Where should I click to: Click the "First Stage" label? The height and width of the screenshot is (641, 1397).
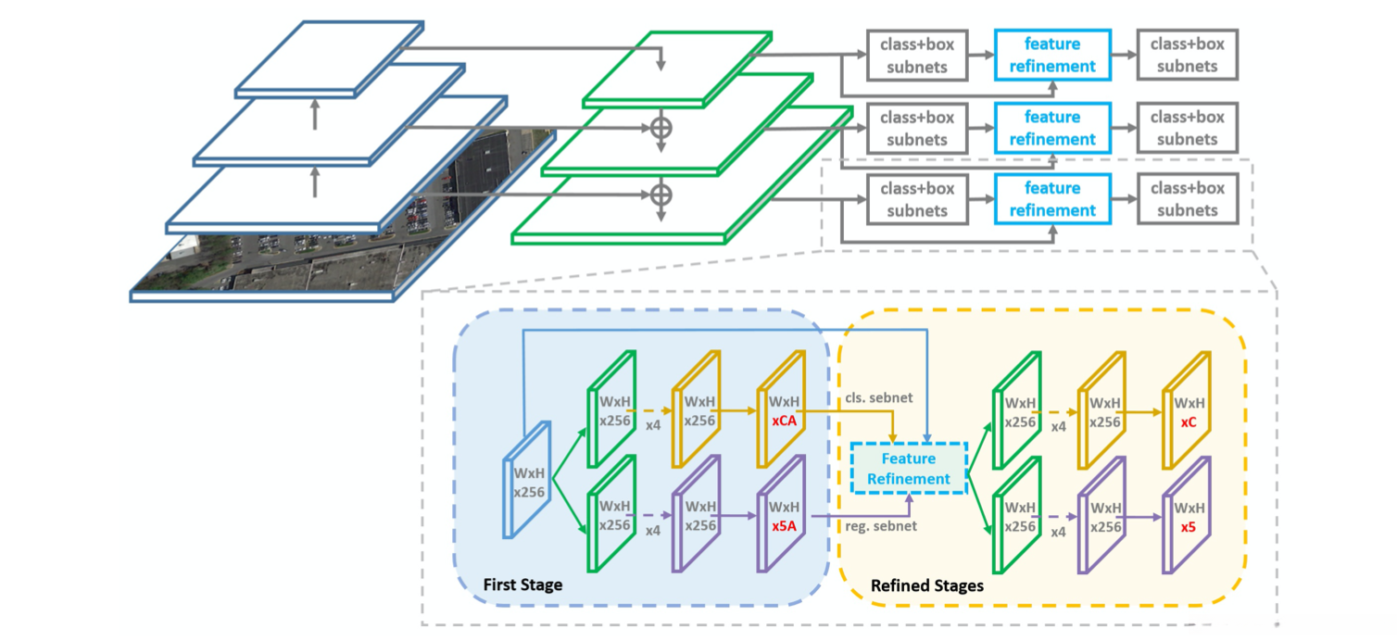click(522, 585)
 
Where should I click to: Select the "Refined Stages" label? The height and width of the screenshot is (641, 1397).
click(926, 586)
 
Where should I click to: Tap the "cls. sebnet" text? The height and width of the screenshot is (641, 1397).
click(876, 397)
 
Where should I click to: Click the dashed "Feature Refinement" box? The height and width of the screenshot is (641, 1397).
click(909, 469)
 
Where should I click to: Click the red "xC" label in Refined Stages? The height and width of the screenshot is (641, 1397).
click(1189, 421)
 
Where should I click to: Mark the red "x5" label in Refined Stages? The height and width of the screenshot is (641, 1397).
click(1189, 525)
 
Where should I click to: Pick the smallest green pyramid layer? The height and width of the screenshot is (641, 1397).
click(676, 69)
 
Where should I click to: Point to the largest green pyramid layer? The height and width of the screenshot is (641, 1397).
click(681, 213)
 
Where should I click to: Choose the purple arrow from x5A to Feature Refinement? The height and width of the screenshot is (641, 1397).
click(862, 515)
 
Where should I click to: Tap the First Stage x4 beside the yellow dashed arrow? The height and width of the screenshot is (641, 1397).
click(652, 428)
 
